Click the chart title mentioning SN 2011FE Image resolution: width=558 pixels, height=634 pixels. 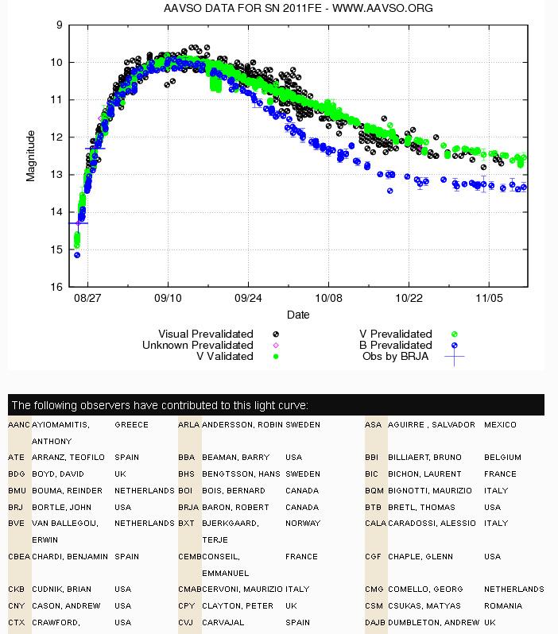click(x=298, y=8)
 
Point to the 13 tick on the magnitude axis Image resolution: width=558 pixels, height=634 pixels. click(x=56, y=175)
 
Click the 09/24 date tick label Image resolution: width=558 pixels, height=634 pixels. click(x=248, y=299)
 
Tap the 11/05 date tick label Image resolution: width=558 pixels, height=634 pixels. click(x=489, y=299)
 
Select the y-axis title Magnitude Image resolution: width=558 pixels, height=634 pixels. click(x=30, y=156)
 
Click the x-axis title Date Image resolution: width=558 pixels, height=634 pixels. click(x=298, y=315)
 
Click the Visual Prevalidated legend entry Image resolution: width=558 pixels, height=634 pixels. click(x=206, y=334)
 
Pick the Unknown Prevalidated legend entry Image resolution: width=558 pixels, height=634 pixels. click(x=197, y=345)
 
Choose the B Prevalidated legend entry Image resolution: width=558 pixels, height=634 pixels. click(x=395, y=345)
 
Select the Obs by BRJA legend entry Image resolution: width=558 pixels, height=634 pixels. click(x=395, y=356)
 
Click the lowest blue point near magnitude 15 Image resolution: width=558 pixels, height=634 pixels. click(x=77, y=255)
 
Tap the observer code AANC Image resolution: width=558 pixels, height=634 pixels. click(x=19, y=425)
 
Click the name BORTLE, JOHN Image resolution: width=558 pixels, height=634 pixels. click(x=61, y=507)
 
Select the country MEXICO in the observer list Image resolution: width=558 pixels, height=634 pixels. click(x=500, y=425)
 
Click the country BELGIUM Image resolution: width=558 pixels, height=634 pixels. click(x=502, y=458)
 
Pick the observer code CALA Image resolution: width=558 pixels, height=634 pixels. click(x=375, y=524)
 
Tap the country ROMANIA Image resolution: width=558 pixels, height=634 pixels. click(x=503, y=605)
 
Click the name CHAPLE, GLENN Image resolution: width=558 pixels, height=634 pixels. click(x=420, y=556)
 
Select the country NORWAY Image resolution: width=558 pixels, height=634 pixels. click(x=303, y=524)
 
